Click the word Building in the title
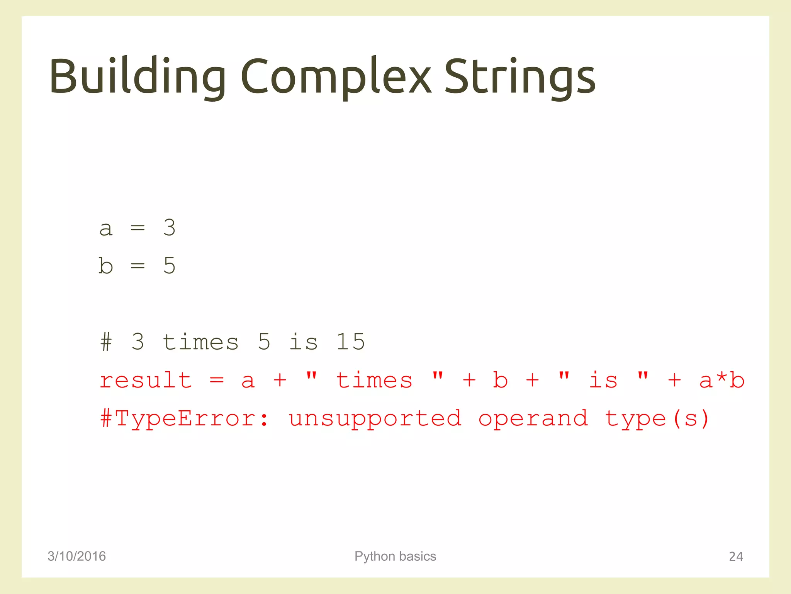pos(137,77)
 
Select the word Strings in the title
pos(520,77)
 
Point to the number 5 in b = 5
pos(169,266)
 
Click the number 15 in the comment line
pos(350,342)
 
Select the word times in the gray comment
pos(200,342)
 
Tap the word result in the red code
pos(146,380)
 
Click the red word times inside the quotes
pos(374,380)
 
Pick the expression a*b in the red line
pos(721,380)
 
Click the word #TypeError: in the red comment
pos(185,418)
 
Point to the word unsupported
pos(375,418)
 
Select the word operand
pos(533,418)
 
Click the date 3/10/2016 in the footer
pos(76,556)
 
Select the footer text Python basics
pos(395,556)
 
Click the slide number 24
pos(736,556)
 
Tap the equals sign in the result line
pos(217,380)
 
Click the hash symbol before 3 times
pos(106,342)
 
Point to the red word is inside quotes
pos(603,380)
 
